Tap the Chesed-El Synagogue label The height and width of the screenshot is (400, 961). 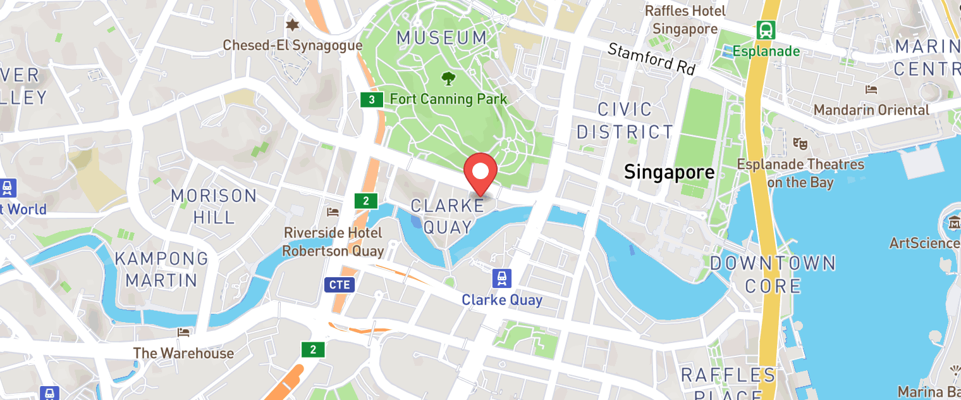click(293, 46)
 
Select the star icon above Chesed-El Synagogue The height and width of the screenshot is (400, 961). click(291, 25)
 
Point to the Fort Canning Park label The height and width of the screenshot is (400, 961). click(448, 99)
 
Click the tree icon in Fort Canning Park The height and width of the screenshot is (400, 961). click(448, 78)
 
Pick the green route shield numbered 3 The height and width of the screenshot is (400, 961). click(372, 99)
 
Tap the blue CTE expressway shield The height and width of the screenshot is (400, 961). click(339, 285)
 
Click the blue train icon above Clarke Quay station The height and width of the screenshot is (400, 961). click(502, 278)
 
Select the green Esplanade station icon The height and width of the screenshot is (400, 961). click(766, 30)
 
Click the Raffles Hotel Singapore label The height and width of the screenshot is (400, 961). click(685, 20)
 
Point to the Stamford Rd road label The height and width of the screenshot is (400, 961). click(651, 58)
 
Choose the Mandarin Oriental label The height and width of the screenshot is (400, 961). click(871, 109)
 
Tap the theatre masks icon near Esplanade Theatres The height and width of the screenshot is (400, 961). click(800, 144)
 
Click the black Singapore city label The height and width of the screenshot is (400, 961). click(669, 172)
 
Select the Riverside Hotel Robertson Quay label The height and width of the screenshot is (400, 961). click(333, 242)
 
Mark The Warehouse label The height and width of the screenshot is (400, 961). click(183, 353)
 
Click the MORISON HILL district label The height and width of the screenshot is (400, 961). click(214, 206)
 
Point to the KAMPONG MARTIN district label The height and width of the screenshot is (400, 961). click(161, 268)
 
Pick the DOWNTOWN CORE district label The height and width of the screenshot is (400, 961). click(773, 274)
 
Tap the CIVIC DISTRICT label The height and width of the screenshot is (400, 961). click(625, 120)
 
